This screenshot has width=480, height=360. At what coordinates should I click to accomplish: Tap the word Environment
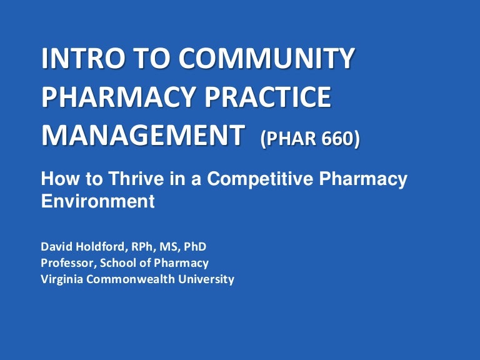97,201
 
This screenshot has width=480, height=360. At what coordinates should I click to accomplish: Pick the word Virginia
62,279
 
